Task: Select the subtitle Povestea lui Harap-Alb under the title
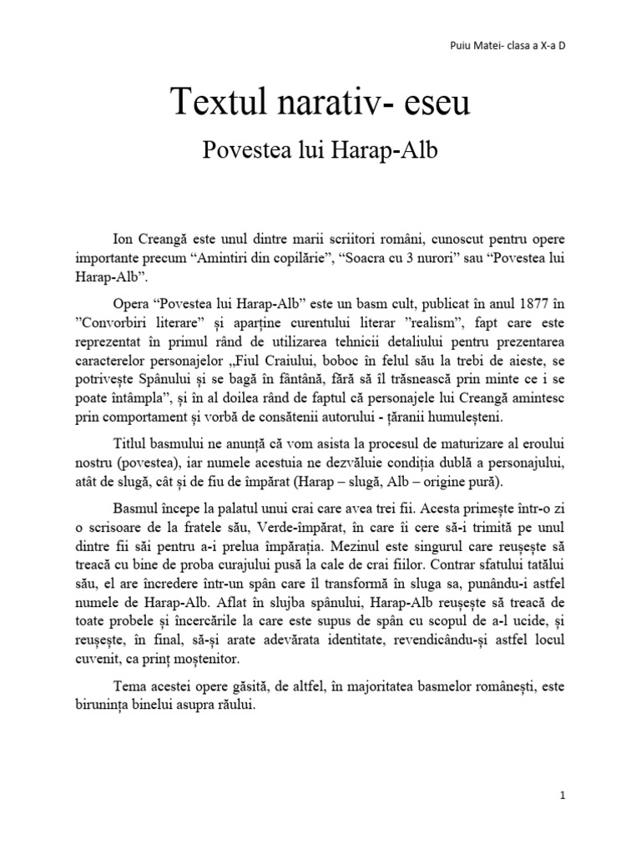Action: click(x=320, y=150)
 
